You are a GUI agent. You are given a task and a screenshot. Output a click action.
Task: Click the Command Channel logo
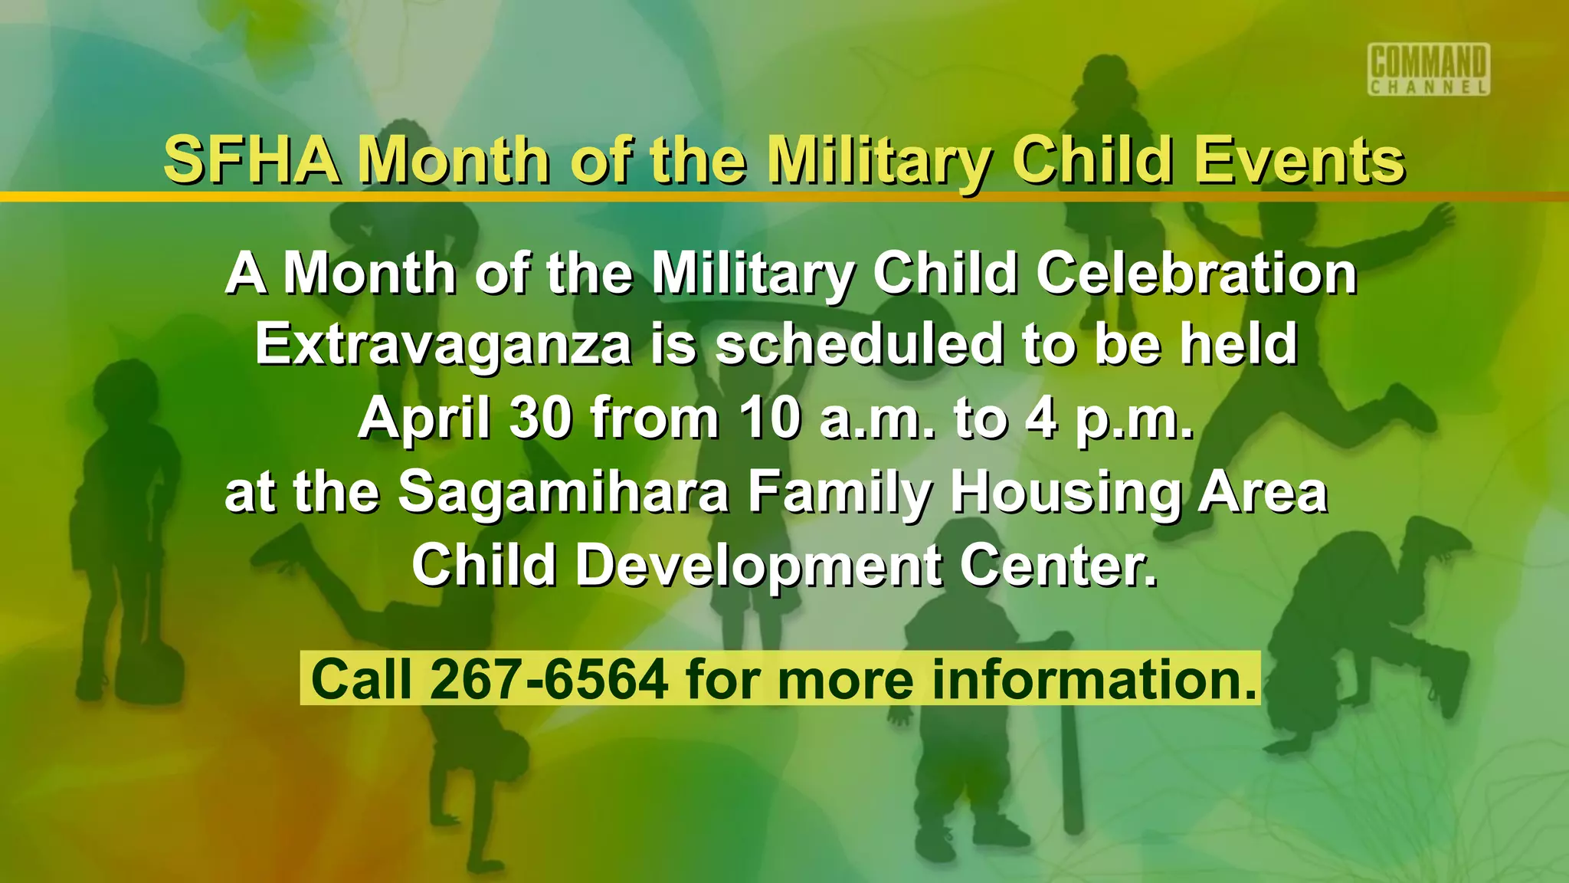[x=1429, y=69]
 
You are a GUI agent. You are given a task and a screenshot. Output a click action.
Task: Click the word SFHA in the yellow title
[x=252, y=159]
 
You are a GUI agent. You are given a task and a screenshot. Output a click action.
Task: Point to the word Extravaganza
[x=444, y=344]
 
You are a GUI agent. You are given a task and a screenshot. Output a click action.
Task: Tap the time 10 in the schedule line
[x=770, y=419]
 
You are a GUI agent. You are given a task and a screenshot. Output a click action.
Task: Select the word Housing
[x=1066, y=492]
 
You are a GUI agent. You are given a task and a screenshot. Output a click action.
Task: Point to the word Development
[x=759, y=566]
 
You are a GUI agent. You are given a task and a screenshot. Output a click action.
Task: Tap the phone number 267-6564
[x=549, y=679]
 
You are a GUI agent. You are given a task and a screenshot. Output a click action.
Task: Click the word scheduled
[x=859, y=344]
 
